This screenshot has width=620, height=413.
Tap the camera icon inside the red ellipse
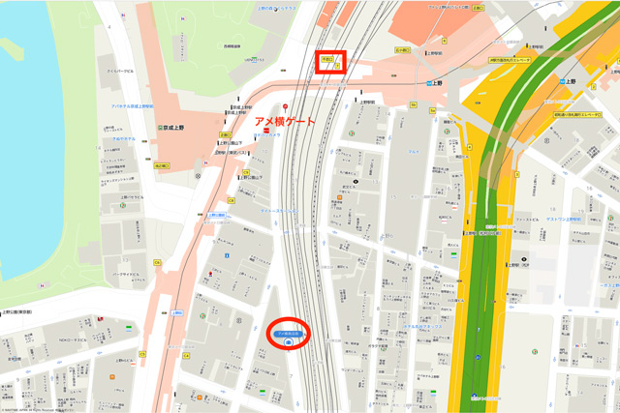coord(288,342)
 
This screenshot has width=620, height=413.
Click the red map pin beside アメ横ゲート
coord(285,106)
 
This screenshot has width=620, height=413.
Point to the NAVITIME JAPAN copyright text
coord(39,409)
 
